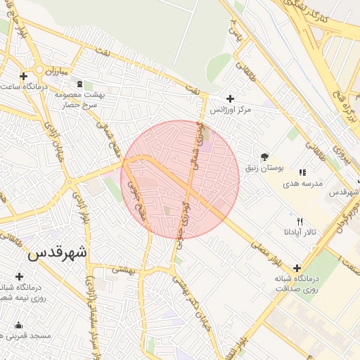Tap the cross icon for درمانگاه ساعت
click(24, 76)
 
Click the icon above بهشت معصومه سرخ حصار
click(79, 84)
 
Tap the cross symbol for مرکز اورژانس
click(230, 98)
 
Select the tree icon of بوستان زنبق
click(264, 157)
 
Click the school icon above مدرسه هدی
click(302, 172)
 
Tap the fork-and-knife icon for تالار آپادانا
click(300, 221)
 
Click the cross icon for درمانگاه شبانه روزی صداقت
click(297, 268)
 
